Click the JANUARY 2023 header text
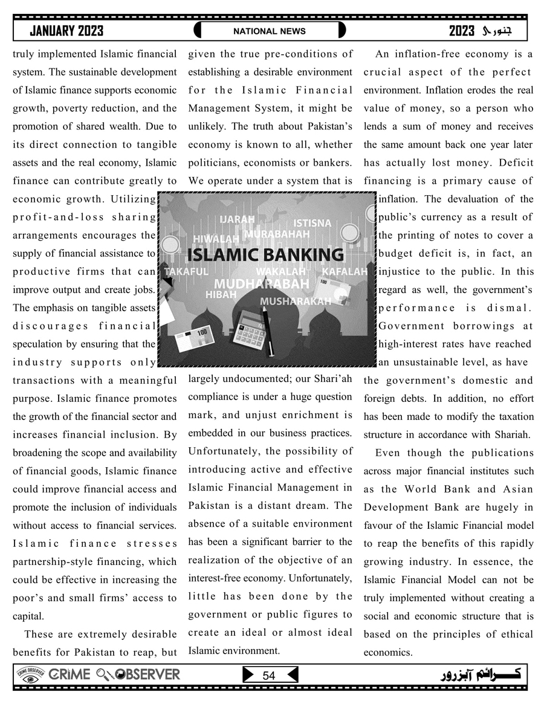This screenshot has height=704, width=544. [x=66, y=31]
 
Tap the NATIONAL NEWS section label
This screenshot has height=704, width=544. [x=270, y=31]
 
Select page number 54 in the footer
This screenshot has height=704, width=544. [x=269, y=676]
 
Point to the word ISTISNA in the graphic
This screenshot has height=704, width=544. [x=312, y=223]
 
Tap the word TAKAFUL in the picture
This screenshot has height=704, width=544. [x=186, y=272]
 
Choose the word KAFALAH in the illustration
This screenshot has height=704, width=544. [x=345, y=272]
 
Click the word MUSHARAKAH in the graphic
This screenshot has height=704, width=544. [x=296, y=300]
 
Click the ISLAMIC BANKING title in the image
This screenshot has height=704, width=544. [x=265, y=254]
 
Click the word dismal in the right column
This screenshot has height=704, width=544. [x=509, y=308]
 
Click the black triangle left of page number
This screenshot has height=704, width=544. [x=248, y=675]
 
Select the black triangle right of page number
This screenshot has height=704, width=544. [x=292, y=675]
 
